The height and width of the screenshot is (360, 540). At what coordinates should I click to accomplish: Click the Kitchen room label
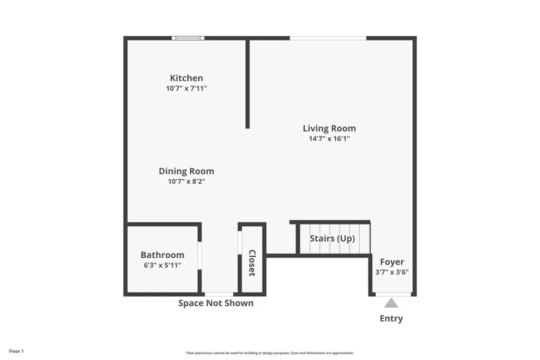186,78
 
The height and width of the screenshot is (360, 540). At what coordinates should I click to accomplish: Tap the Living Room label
329,128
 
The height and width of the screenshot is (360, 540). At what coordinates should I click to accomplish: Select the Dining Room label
186,171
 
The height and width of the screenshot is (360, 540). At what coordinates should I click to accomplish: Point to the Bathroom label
162,255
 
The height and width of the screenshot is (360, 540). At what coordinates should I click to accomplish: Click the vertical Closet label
252,262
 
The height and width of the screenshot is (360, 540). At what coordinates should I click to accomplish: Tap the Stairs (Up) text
332,238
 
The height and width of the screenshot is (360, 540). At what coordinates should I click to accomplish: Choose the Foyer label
392,262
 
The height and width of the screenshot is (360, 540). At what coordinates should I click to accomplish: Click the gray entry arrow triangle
391,303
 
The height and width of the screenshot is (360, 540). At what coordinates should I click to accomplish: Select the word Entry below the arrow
391,318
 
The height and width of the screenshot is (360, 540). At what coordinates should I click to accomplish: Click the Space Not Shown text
216,303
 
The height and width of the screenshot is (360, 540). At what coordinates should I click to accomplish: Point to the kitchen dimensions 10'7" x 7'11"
186,89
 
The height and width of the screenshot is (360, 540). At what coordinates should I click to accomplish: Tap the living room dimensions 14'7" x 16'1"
329,139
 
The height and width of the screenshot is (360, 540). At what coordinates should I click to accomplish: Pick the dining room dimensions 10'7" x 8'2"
186,181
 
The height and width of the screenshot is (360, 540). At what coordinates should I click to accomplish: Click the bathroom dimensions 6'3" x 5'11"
162,265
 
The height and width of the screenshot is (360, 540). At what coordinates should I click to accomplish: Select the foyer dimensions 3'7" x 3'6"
392,273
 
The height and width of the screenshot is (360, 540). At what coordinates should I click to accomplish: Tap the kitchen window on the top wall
188,38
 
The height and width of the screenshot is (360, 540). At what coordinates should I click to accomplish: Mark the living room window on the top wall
328,38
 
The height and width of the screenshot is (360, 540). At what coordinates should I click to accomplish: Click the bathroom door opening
200,255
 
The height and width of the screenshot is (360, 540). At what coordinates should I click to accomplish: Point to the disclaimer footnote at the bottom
269,353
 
